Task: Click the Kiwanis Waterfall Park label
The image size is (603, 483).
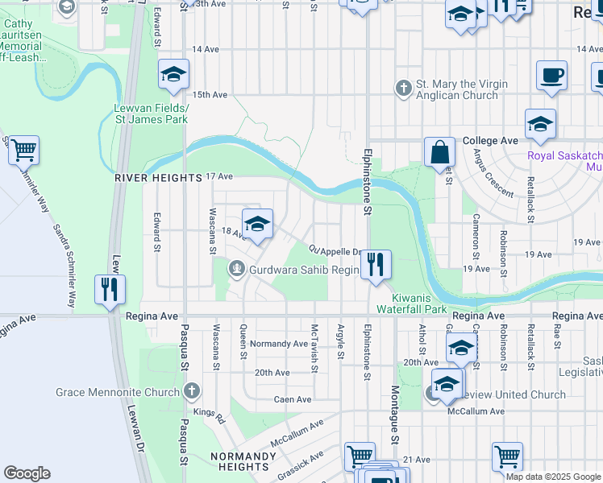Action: [412, 303]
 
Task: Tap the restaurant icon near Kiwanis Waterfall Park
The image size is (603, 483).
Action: [375, 264]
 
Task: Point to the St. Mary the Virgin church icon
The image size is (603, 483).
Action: [404, 87]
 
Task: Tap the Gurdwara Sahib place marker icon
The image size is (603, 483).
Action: [237, 269]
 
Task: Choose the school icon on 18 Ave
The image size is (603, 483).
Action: [257, 224]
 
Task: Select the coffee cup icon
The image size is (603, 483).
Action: [552, 76]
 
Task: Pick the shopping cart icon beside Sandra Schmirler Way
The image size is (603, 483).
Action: [23, 149]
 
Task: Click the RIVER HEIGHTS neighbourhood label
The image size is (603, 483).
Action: [157, 177]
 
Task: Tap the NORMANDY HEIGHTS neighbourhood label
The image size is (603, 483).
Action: [239, 460]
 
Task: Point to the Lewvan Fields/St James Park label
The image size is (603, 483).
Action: [152, 114]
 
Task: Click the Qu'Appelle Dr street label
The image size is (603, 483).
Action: [335, 250]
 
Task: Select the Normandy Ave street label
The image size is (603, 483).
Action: [280, 344]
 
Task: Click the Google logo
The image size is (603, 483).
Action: [27, 473]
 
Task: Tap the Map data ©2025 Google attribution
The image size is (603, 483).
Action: [553, 477]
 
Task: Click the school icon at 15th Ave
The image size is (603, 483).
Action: [173, 74]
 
